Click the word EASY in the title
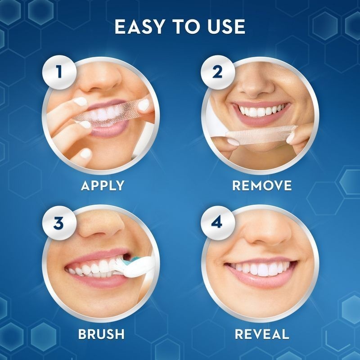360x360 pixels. (139, 27)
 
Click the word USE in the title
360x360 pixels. (226, 27)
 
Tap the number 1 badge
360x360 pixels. (59, 72)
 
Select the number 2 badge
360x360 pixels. (218, 72)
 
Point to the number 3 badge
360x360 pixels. (59, 223)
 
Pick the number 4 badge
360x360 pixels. (218, 223)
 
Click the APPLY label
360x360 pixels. (103, 185)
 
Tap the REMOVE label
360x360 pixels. (262, 185)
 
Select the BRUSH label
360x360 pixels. (101, 334)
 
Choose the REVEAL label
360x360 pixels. (262, 334)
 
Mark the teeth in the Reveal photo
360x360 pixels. (261, 269)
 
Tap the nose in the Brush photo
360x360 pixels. (101, 227)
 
